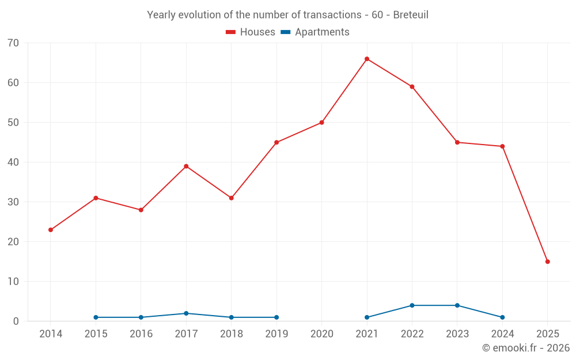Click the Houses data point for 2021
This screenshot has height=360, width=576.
(367, 59)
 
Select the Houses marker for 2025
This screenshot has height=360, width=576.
(548, 262)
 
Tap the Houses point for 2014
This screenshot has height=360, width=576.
(51, 230)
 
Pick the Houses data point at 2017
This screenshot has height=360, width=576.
(186, 166)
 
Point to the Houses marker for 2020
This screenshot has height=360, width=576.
(321, 123)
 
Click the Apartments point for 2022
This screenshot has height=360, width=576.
(412, 305)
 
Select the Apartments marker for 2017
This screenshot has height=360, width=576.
(186, 313)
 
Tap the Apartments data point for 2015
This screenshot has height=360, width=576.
(96, 317)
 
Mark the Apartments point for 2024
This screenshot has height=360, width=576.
(502, 317)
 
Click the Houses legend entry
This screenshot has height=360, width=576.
(251, 32)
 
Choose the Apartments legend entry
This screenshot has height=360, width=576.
(315, 32)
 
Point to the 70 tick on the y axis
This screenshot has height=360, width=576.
(13, 43)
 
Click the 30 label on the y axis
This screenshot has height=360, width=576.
(13, 202)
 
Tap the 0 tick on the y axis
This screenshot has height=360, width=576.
(16, 321)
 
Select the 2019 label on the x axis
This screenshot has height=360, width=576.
(276, 334)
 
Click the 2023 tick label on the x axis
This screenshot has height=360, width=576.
(457, 334)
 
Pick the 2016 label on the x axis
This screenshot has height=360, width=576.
(141, 334)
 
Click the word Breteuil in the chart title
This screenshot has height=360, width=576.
(411, 15)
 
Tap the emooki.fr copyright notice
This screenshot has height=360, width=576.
(525, 348)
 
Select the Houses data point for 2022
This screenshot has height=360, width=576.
(412, 87)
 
